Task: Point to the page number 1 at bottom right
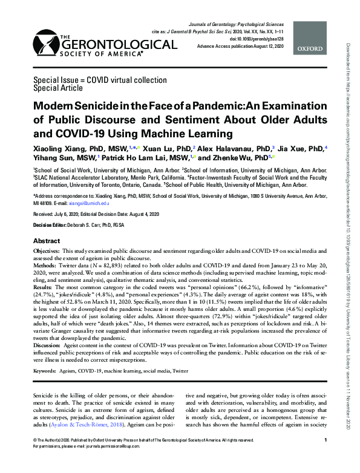(326, 457)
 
